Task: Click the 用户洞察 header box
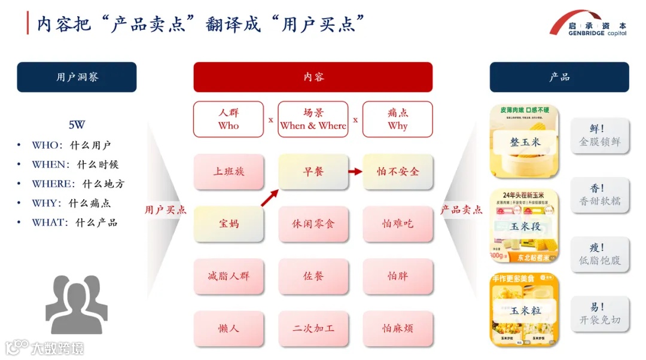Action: pyautogui.click(x=77, y=77)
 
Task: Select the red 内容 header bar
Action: pyautogui.click(x=313, y=77)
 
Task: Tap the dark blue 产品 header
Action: pyautogui.click(x=559, y=77)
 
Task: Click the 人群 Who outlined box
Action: pyautogui.click(x=228, y=119)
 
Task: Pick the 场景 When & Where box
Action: pyautogui.click(x=313, y=119)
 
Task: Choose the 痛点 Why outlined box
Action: pyautogui.click(x=398, y=119)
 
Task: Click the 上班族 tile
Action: pyautogui.click(x=228, y=172)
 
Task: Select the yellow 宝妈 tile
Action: pyautogui.click(x=228, y=224)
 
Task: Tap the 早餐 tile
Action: pyautogui.click(x=313, y=172)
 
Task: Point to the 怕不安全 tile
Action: pyautogui.click(x=398, y=172)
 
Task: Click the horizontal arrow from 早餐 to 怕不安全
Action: pyautogui.click(x=355, y=172)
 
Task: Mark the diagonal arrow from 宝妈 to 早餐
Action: pyautogui.click(x=270, y=198)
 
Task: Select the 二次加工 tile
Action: pyautogui.click(x=313, y=328)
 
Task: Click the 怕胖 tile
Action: pyautogui.click(x=398, y=276)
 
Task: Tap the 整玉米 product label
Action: pyautogui.click(x=525, y=142)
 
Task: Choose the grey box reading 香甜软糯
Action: pyautogui.click(x=600, y=196)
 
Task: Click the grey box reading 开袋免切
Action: pyautogui.click(x=600, y=315)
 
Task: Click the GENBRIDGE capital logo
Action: pyautogui.click(x=589, y=25)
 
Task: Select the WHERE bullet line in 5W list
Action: pyautogui.click(x=78, y=184)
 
